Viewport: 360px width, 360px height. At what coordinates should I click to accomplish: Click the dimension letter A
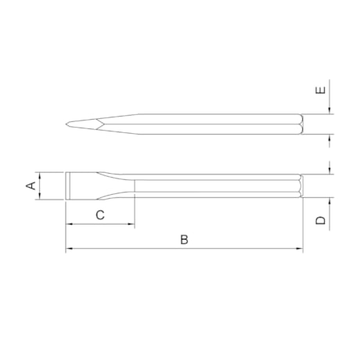[31, 185]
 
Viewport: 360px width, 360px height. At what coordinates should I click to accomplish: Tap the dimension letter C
[100, 214]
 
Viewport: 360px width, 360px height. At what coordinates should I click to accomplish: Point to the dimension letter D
[321, 220]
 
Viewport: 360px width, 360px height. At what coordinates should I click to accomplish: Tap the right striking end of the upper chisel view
[301, 124]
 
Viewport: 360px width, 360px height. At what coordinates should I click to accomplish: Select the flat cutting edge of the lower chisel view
[67, 186]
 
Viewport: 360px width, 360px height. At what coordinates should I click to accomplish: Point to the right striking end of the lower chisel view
[301, 186]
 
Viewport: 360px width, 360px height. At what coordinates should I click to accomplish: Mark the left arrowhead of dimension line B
[69, 250]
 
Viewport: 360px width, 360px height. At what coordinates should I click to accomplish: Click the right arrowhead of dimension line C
[132, 225]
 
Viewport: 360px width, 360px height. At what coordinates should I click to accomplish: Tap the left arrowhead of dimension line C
[69, 225]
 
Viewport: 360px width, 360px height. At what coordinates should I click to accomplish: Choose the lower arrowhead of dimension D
[331, 200]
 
